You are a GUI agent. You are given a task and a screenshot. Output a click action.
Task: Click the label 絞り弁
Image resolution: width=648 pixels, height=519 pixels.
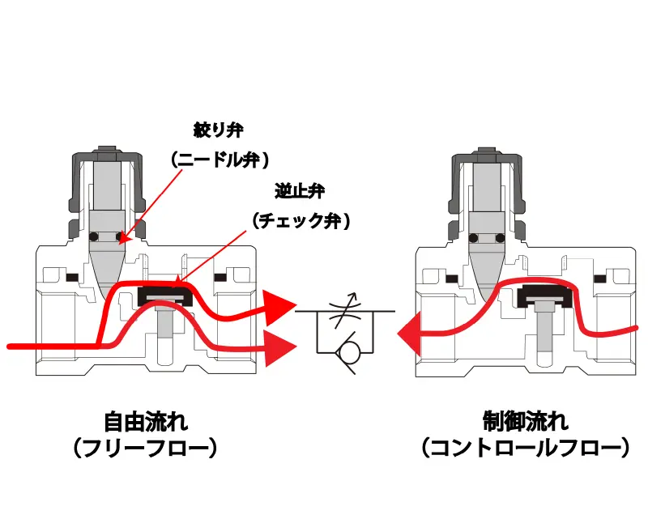tap(218, 130)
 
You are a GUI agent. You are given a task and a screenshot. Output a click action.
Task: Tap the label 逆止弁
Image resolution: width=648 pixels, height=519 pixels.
tap(299, 192)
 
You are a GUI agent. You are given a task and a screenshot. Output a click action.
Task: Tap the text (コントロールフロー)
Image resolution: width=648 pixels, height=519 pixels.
tap(525, 448)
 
